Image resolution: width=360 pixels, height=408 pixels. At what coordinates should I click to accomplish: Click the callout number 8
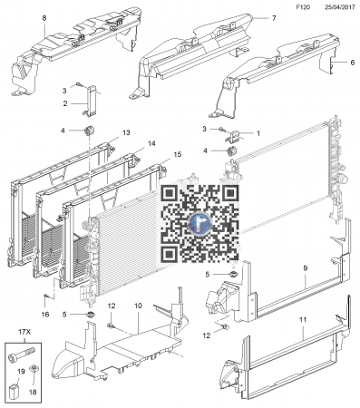coord(44,18)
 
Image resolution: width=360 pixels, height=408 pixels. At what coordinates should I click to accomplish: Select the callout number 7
coord(274,18)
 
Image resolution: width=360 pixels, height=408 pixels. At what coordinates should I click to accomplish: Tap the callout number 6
coord(353,63)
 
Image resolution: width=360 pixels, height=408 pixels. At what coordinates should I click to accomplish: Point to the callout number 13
coord(126,132)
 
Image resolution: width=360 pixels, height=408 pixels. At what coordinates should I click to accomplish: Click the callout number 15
coord(178,154)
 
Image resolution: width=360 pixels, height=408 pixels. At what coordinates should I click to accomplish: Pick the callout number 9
coord(306,268)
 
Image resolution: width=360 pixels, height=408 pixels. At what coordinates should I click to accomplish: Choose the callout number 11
coord(303,319)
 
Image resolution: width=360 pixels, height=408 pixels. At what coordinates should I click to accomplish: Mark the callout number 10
coord(138,306)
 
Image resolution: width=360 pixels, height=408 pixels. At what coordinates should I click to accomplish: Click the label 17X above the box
coord(24,332)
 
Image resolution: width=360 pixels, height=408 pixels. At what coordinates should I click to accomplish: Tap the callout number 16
coord(45,315)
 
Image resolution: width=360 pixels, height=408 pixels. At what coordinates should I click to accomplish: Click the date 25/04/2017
coord(340,7)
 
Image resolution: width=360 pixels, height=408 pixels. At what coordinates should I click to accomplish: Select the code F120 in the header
coord(303,7)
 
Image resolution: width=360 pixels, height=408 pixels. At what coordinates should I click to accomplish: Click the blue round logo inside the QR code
coord(199,223)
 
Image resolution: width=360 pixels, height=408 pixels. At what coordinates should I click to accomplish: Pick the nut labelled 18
coord(33,369)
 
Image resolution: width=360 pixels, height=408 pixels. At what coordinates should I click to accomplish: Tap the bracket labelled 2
coord(91,101)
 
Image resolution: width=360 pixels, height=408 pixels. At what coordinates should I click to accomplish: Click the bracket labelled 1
coord(233,135)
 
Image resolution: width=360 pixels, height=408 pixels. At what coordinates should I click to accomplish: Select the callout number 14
coord(151,143)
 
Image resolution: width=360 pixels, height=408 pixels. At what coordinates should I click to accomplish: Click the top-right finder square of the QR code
coord(230,193)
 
